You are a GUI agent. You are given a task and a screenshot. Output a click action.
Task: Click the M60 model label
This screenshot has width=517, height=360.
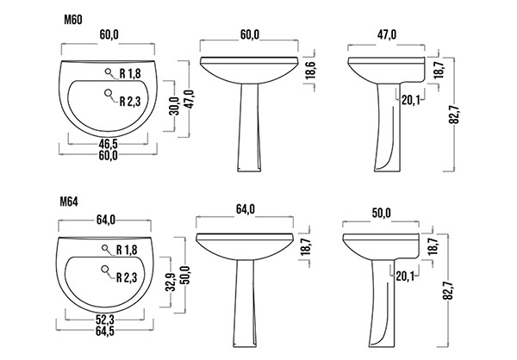[73, 20]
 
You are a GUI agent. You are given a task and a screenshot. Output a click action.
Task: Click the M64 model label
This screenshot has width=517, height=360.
[69, 202]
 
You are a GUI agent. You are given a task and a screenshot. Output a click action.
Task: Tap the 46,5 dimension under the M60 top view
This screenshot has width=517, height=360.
[109, 144]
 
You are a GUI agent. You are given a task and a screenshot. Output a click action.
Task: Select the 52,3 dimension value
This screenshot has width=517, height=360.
[105, 320]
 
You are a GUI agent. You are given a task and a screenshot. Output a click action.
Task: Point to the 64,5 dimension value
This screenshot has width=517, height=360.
[105, 331]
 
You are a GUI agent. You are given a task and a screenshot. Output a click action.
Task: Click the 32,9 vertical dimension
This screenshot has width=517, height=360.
[171, 282]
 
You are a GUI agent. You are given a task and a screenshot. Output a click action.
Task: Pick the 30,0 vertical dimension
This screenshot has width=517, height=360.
[174, 106]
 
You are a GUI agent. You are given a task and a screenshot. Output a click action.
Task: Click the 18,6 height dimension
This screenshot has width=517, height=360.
[310, 71]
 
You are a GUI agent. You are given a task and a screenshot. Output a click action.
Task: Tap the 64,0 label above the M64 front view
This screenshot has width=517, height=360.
[245, 209]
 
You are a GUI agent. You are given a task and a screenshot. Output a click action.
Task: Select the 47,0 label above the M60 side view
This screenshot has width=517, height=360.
[387, 34]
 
